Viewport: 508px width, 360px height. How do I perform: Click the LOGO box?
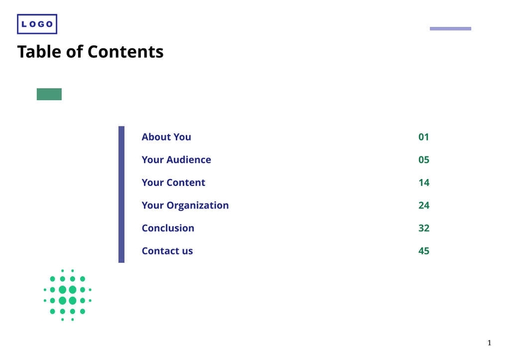click(x=37, y=24)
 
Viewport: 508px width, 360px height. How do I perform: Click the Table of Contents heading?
click(x=90, y=52)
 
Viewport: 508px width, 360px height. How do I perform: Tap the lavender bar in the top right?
click(x=450, y=29)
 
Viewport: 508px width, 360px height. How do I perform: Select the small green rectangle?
click(x=49, y=95)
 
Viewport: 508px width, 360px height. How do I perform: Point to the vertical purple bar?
click(x=121, y=194)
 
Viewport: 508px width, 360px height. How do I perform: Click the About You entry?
click(x=166, y=137)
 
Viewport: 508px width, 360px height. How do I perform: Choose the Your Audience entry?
click(x=176, y=160)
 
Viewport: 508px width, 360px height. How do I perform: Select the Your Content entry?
click(x=173, y=183)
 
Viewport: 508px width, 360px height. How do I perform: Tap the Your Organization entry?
click(x=185, y=205)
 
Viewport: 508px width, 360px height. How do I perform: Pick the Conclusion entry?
click(x=168, y=228)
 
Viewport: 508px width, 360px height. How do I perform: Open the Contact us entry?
click(x=167, y=251)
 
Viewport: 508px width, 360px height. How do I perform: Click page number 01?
click(x=424, y=137)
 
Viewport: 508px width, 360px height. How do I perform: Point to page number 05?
click(x=424, y=160)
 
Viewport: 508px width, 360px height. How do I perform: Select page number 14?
click(x=424, y=183)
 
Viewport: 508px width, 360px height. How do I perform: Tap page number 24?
click(x=424, y=205)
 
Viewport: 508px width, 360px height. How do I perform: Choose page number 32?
click(x=424, y=228)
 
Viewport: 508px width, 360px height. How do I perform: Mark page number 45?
click(x=424, y=251)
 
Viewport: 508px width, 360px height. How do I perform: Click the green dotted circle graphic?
click(x=68, y=295)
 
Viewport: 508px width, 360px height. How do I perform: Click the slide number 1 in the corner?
click(x=489, y=342)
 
